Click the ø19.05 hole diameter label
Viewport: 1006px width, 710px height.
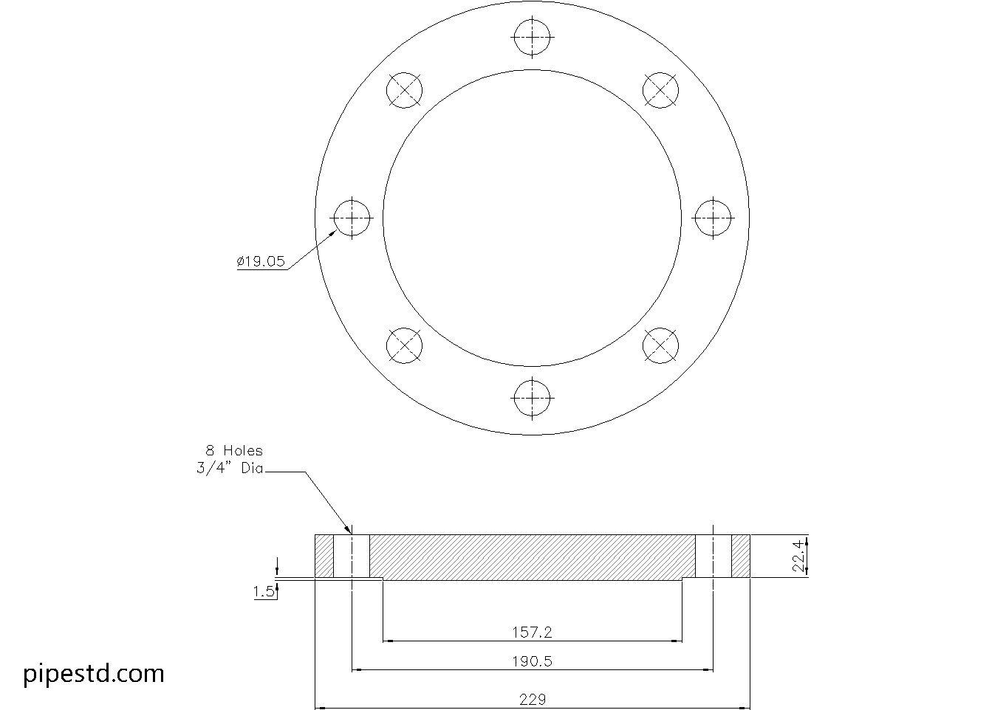261,261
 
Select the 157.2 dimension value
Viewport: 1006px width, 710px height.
532,632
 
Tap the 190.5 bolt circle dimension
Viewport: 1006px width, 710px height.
532,661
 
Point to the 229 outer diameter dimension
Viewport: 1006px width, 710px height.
532,699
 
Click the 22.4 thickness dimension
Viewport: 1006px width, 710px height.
797,556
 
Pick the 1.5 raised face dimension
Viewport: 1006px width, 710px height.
263,591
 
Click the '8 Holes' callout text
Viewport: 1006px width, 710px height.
233,450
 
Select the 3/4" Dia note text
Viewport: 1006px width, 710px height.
230,468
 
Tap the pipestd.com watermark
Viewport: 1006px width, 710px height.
94,673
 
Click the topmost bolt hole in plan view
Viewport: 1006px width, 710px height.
532,38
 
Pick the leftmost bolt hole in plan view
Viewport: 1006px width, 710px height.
352,218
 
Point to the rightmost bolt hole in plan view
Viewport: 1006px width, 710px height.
713,218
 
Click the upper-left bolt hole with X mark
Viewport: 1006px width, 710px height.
405,91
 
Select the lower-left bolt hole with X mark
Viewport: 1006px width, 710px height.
405,345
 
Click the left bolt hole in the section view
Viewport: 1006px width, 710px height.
352,556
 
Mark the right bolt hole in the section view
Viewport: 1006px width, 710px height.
713,556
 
